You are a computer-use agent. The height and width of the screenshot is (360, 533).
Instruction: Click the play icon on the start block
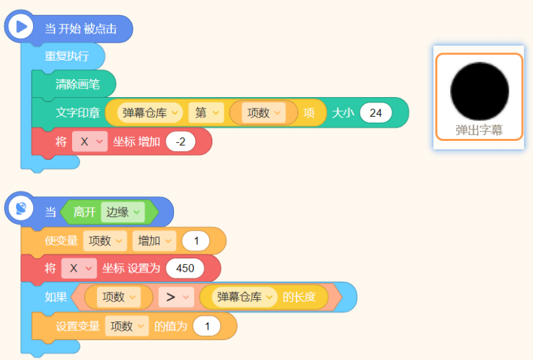(21, 26)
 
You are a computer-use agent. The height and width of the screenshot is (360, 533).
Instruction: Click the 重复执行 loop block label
(67, 56)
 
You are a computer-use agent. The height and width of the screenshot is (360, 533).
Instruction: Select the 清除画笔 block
(77, 84)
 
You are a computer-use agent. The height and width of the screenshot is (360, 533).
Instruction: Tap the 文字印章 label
(77, 113)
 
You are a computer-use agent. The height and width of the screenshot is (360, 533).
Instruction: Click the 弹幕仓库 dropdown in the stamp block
(150, 113)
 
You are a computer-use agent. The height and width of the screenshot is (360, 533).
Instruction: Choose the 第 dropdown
(206, 113)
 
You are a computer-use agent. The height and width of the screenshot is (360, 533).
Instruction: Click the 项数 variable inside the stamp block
(263, 113)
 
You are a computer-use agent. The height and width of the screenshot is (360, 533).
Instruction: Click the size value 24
(375, 113)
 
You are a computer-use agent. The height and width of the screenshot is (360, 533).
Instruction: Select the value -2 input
(181, 142)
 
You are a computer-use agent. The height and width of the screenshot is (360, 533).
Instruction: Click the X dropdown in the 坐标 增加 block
(90, 142)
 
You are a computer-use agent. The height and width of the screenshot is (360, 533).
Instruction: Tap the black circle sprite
(479, 91)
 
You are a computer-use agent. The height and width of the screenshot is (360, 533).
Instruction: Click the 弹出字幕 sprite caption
(479, 130)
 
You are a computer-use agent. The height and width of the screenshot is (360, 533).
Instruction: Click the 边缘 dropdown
(123, 212)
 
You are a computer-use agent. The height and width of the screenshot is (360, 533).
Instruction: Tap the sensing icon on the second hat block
(21, 208)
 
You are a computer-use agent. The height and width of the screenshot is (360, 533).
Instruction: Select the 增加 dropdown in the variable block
(154, 241)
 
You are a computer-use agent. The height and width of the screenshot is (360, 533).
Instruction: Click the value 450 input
(185, 268)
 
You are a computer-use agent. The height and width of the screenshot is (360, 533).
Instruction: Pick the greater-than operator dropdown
(176, 297)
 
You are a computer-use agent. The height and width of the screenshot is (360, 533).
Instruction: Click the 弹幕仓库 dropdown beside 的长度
(245, 297)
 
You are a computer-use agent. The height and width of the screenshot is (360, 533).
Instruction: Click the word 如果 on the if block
(56, 297)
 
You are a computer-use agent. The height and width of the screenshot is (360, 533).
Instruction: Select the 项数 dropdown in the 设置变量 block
(127, 326)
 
